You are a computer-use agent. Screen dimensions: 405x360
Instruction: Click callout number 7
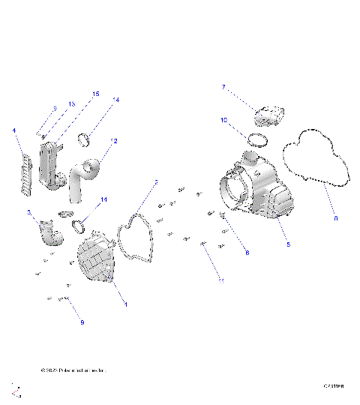(223, 87)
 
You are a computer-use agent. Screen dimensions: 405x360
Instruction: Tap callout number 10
(223, 119)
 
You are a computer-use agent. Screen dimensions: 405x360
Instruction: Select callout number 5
(288, 244)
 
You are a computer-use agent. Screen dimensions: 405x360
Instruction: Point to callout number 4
(13, 130)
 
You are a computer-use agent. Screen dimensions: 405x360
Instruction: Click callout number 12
(114, 140)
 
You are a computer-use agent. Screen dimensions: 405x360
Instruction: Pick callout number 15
(95, 94)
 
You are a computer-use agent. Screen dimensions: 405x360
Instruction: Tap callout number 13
(72, 103)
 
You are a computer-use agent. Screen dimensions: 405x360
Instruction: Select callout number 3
(29, 213)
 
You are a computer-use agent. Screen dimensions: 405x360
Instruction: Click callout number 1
(125, 304)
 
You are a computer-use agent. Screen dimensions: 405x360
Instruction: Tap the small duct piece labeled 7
(270, 116)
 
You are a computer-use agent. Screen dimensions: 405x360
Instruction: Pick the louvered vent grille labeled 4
(25, 175)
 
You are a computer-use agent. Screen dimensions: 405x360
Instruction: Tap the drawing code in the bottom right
(333, 387)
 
